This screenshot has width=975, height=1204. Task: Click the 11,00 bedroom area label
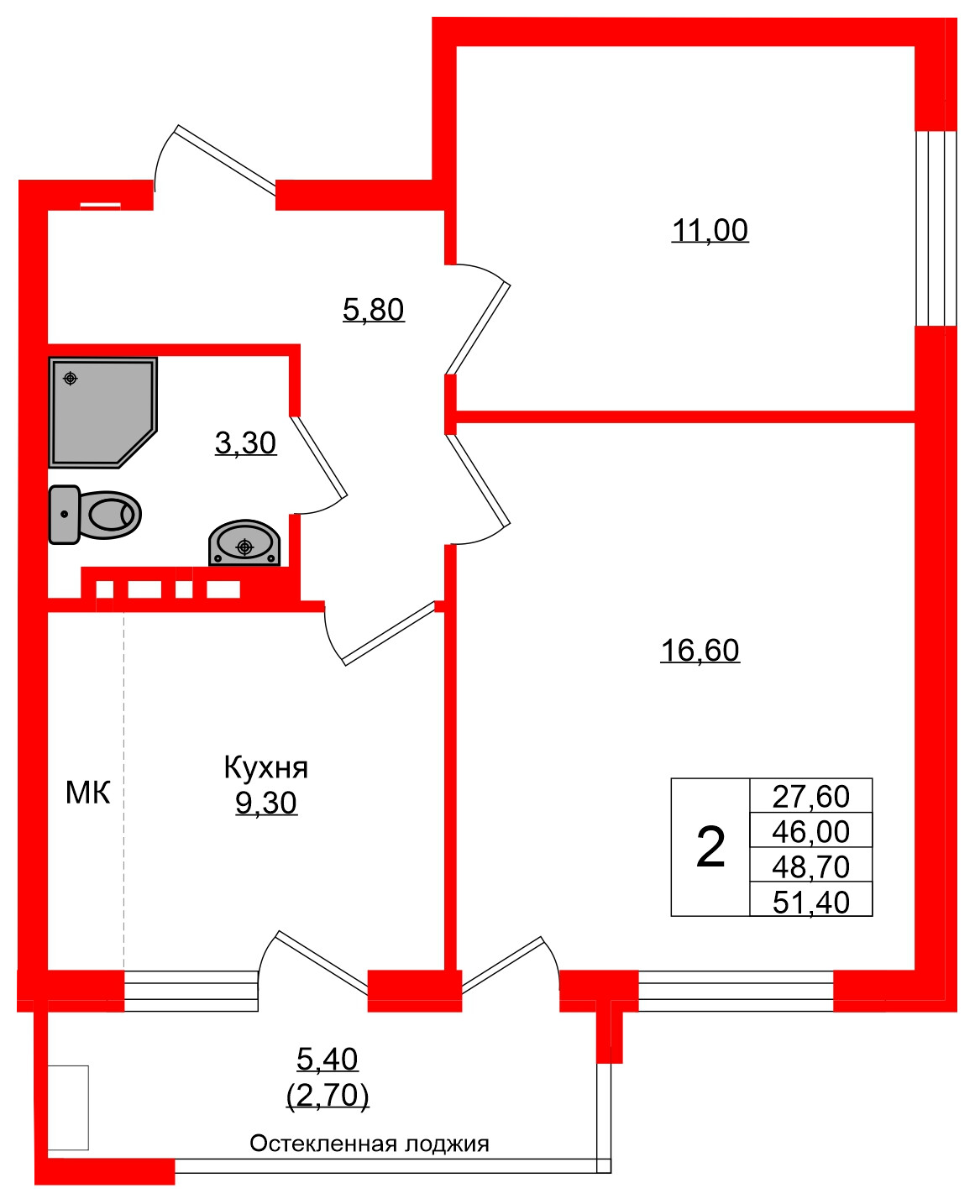click(x=710, y=230)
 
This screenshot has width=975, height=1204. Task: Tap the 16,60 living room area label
click(x=700, y=651)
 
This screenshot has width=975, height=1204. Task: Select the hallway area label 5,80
click(x=374, y=310)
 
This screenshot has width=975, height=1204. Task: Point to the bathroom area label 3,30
click(x=245, y=442)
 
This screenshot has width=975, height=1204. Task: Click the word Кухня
click(x=265, y=767)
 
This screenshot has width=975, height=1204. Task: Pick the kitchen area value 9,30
click(x=265, y=804)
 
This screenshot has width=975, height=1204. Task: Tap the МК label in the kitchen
click(x=87, y=793)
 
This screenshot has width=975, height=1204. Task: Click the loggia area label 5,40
click(x=328, y=1060)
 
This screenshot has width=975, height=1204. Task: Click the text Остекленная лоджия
click(x=370, y=1144)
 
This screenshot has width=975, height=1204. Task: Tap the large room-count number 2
click(x=710, y=847)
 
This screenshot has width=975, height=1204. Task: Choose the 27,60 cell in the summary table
click(x=810, y=796)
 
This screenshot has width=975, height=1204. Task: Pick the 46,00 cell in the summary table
click(x=810, y=831)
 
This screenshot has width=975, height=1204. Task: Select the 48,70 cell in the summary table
click(x=810, y=866)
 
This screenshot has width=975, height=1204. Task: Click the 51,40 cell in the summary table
click(x=810, y=902)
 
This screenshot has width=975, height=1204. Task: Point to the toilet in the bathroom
click(x=95, y=514)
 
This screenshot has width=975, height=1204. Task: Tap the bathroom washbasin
click(x=244, y=544)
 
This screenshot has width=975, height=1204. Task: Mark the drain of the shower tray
click(x=71, y=379)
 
